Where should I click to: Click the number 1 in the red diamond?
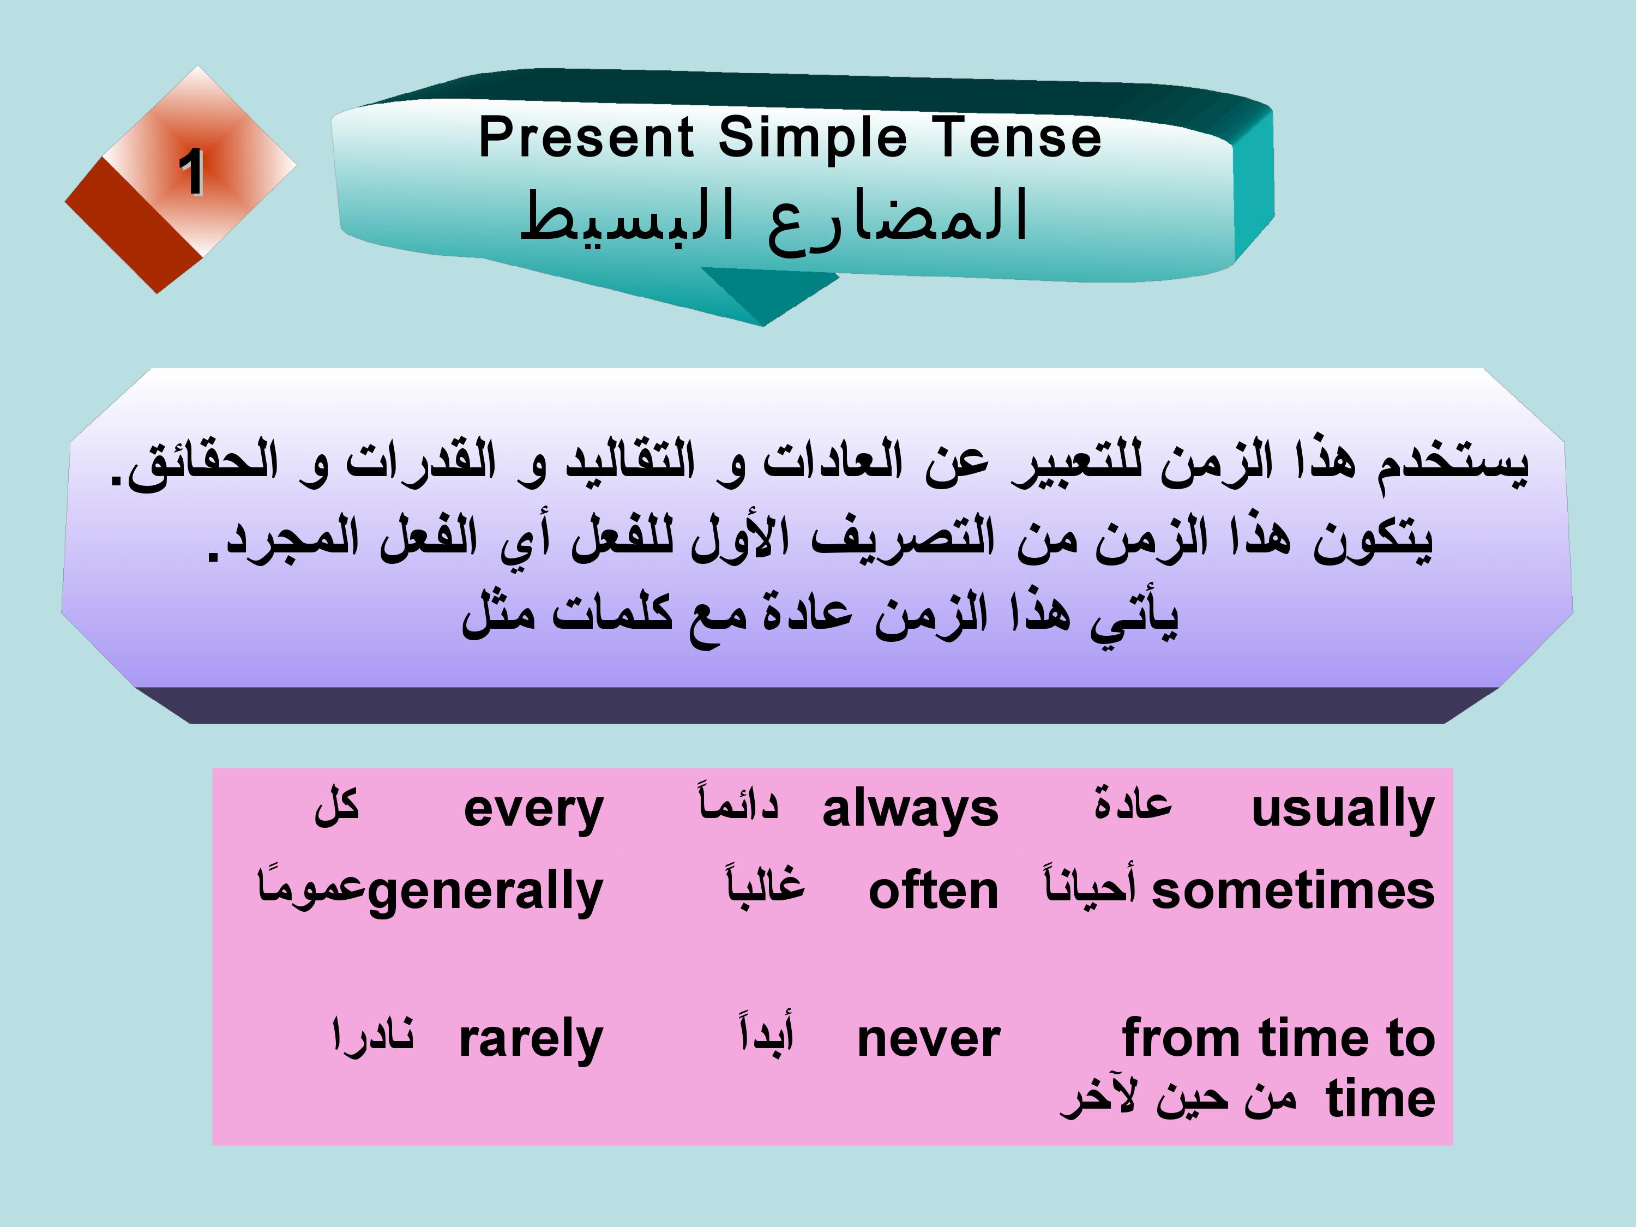[191, 172]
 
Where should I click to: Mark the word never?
[928, 1040]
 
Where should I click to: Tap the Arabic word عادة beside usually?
[1133, 803]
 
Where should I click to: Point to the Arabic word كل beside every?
[336, 805]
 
